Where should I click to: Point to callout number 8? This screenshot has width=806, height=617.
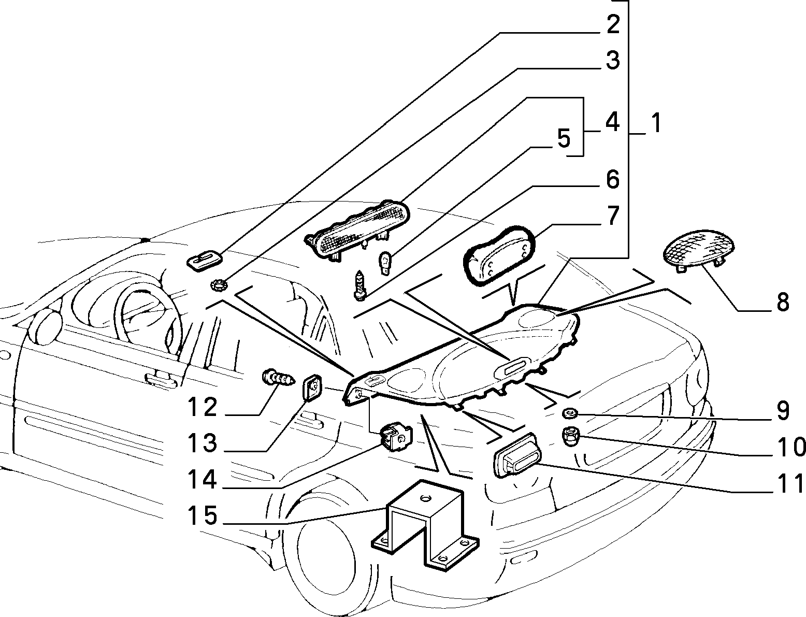click(x=783, y=302)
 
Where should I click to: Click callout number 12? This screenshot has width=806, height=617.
click(x=203, y=407)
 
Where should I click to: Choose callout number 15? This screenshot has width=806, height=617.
click(x=203, y=515)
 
